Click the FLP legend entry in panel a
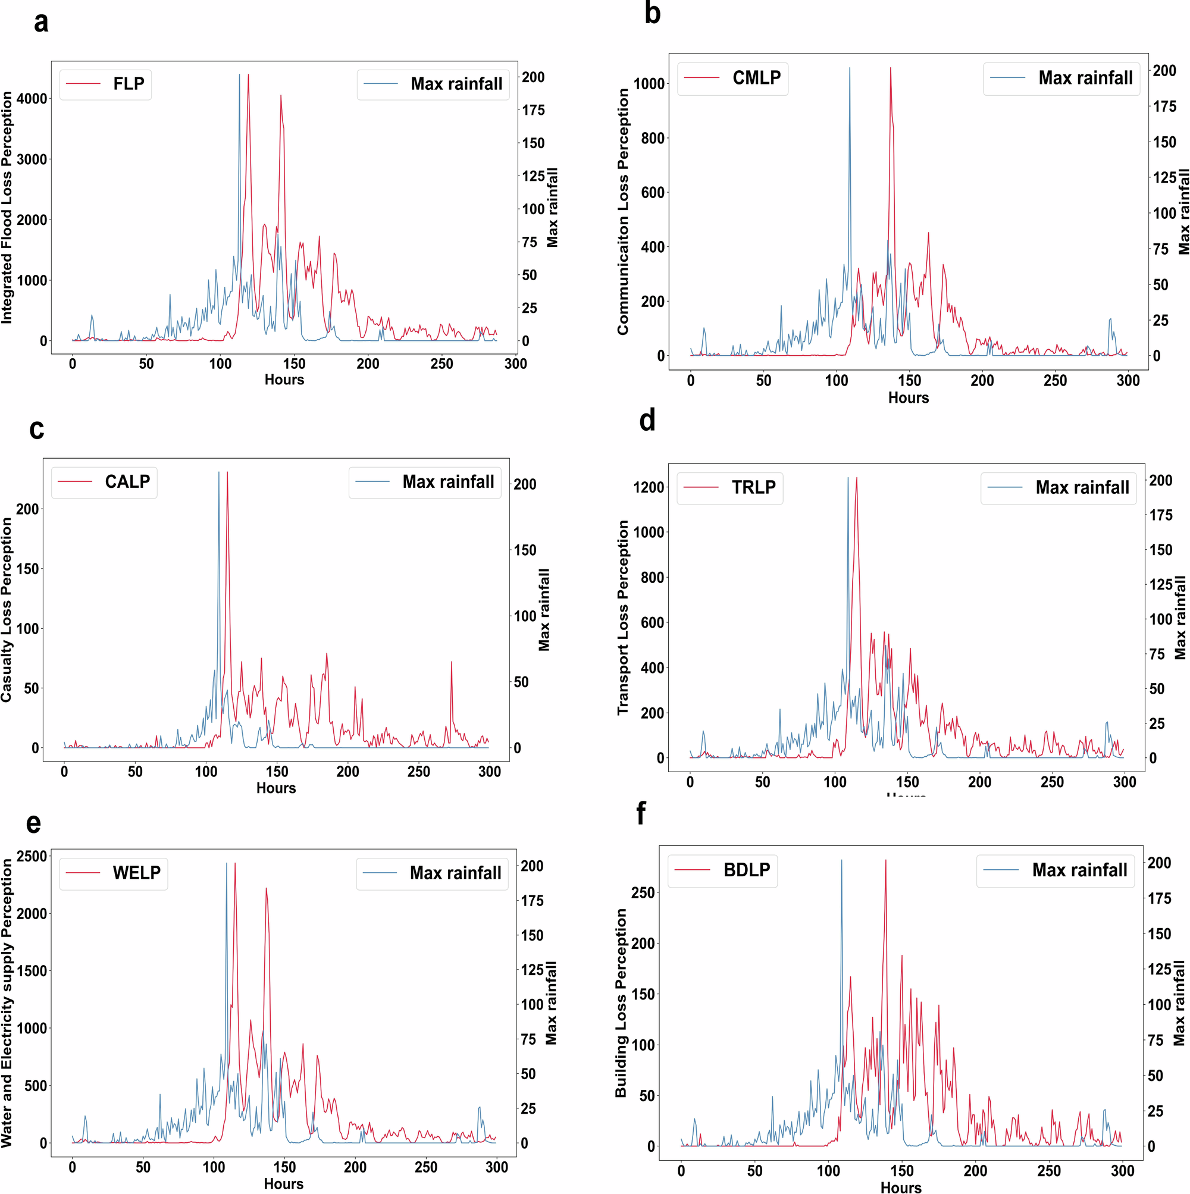(x=105, y=84)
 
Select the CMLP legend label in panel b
(x=732, y=78)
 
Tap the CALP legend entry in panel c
(x=104, y=482)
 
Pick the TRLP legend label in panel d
(x=729, y=488)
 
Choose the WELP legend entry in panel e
(x=113, y=873)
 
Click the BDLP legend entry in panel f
(x=723, y=870)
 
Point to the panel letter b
(x=652, y=14)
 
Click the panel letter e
(x=33, y=824)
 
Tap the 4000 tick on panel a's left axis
(x=32, y=99)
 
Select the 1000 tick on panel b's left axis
(x=649, y=84)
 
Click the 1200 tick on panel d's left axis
(x=649, y=488)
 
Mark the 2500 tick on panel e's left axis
(x=32, y=857)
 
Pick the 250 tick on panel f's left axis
(x=643, y=892)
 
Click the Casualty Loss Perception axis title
(x=7, y=609)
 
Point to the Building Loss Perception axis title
(x=621, y=1002)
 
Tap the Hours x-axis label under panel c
(x=275, y=788)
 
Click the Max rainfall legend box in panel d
(x=1059, y=488)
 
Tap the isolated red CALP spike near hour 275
(x=451, y=663)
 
